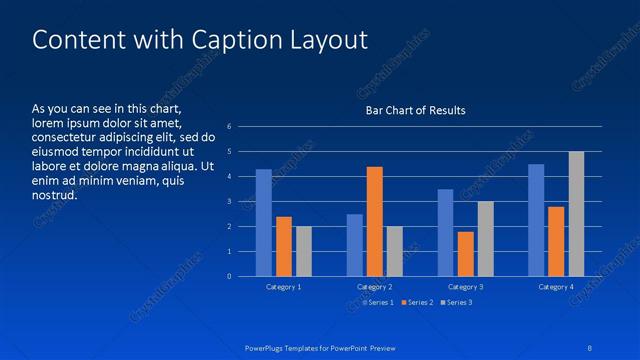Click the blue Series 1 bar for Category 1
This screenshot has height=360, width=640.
[x=264, y=223]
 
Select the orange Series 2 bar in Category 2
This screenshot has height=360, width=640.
[x=374, y=221]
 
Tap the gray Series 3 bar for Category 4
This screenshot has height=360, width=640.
[x=576, y=214]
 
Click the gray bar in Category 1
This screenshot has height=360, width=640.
[x=304, y=251]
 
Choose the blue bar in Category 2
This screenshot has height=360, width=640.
[x=355, y=245]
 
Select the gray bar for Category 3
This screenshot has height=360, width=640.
[x=485, y=239]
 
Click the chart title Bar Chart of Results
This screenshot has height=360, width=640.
[x=414, y=110]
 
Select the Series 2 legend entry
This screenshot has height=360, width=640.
[x=417, y=301]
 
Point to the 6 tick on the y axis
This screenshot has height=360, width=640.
[x=230, y=127]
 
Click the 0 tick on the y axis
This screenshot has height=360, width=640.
[x=230, y=277]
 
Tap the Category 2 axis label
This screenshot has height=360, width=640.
[x=374, y=287]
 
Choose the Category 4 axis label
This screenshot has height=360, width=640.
[x=556, y=287]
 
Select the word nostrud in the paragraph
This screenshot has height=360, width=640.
[x=54, y=195]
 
